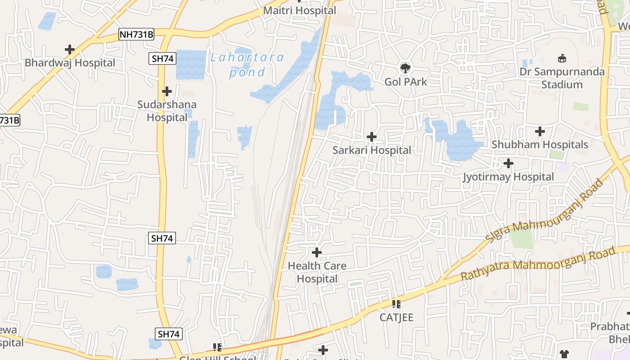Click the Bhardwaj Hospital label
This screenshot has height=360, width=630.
(x=70, y=63)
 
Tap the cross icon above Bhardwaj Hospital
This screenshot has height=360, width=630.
(x=70, y=49)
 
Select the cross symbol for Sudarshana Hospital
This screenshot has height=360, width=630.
(x=167, y=91)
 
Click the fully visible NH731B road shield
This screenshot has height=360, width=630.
(x=136, y=34)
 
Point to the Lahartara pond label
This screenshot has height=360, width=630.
(x=247, y=64)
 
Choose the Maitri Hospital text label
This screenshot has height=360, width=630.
(x=299, y=10)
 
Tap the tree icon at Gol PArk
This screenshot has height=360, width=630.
(x=405, y=68)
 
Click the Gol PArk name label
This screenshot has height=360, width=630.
(x=405, y=82)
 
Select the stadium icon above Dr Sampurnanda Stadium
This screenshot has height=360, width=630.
(x=562, y=58)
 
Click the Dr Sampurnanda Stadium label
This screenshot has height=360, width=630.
(x=562, y=78)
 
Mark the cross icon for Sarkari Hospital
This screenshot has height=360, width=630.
(x=372, y=136)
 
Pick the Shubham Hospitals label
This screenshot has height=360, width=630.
(x=540, y=144)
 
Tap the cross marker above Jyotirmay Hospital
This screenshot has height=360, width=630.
(x=508, y=163)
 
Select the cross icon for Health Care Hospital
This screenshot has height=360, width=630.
(x=317, y=252)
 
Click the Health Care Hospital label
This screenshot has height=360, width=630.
(x=317, y=272)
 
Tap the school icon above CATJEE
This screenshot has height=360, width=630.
(x=396, y=304)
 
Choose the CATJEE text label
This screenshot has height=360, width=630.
(x=396, y=317)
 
